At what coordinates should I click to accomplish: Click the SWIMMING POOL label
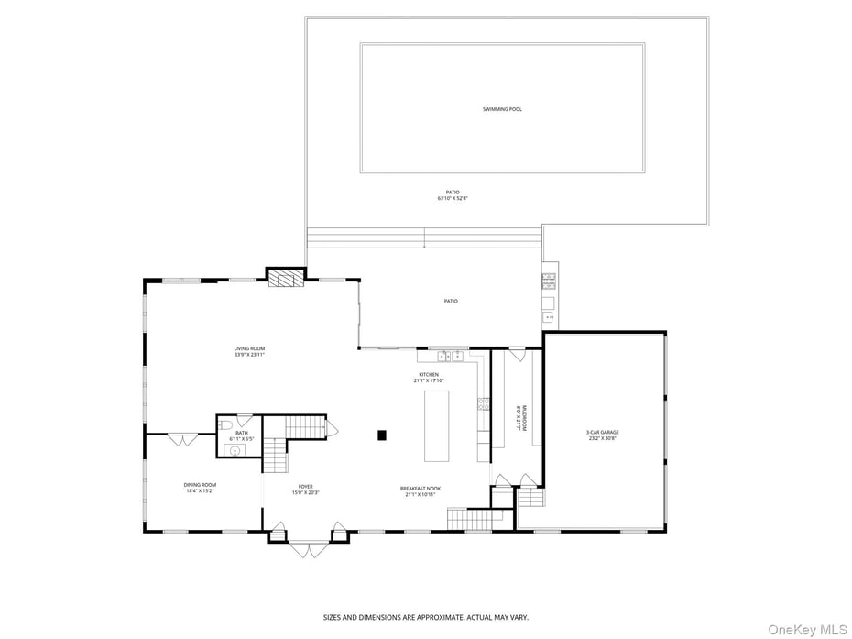pos(502,109)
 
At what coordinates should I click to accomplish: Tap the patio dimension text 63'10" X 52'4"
pos(453,198)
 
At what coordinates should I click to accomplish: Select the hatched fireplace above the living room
pos(285,279)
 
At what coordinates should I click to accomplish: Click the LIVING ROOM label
pos(249,348)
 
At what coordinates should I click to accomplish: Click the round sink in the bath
pos(235,450)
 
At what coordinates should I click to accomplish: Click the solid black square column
pos(383,435)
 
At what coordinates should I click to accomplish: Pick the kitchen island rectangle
pos(437,425)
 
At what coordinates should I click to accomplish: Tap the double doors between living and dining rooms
pos(181,439)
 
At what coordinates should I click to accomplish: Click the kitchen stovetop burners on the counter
pos(483,403)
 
